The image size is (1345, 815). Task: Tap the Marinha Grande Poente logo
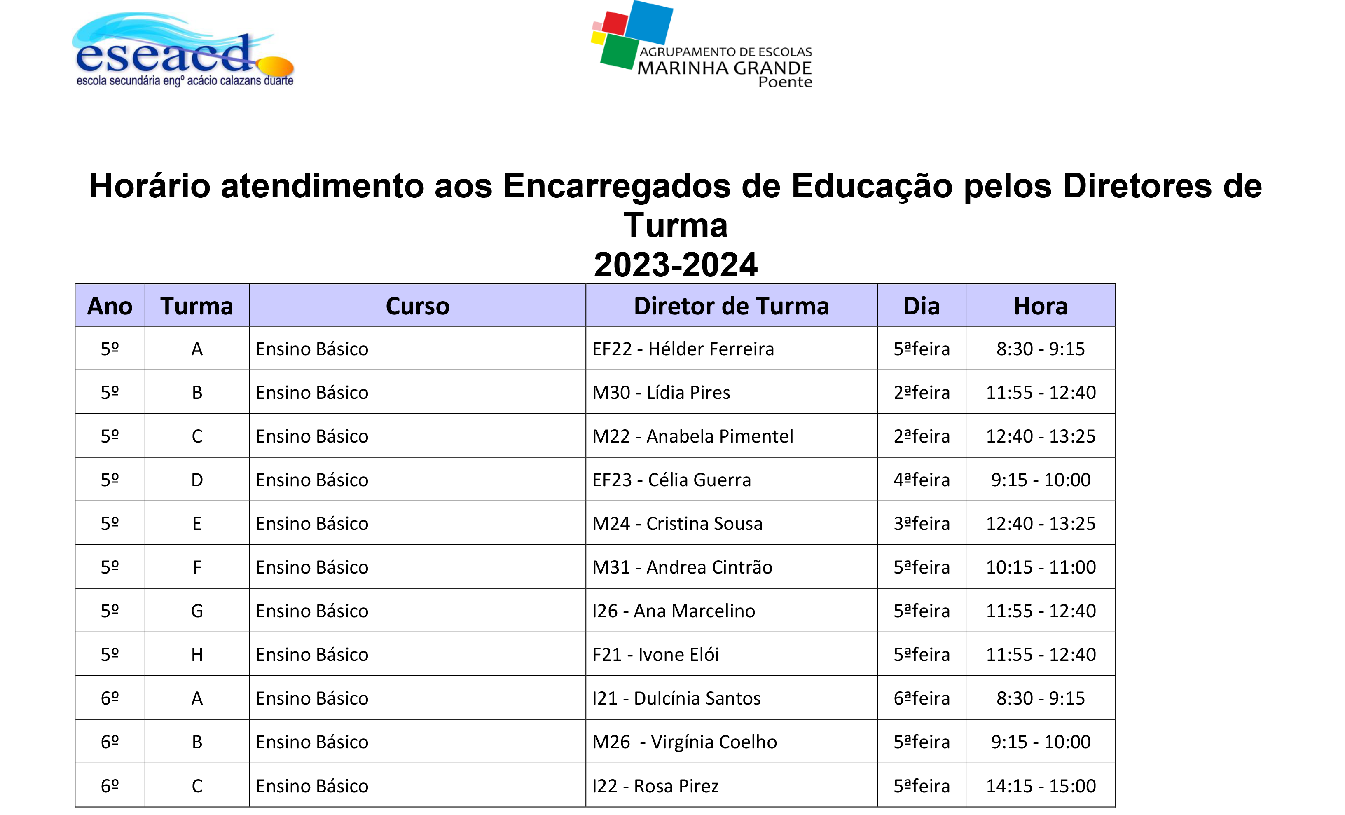[x=702, y=45]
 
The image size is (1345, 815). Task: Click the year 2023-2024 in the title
[x=675, y=265]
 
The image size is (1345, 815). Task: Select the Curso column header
[x=418, y=306]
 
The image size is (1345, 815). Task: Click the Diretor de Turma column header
[x=732, y=306]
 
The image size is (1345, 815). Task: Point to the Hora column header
[x=1041, y=306]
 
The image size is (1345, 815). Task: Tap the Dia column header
[x=922, y=306]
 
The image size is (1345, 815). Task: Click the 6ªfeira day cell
[x=922, y=698]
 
